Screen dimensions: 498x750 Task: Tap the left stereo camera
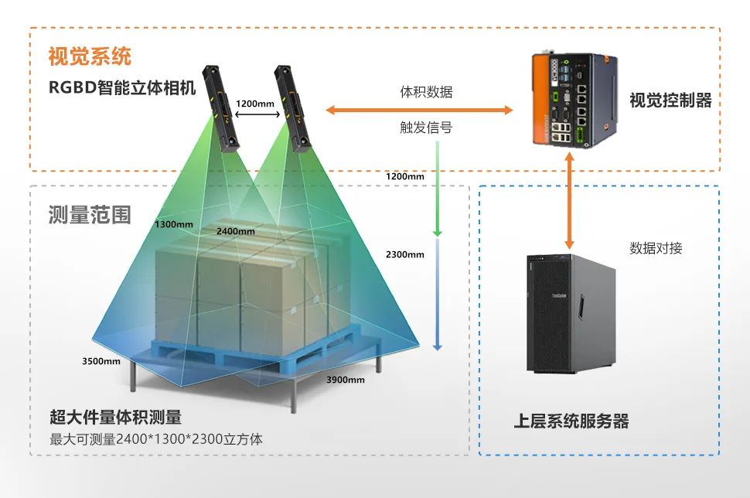coord(222,107)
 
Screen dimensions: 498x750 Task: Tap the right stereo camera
coord(293,105)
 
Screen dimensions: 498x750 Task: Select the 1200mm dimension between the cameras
coord(255,103)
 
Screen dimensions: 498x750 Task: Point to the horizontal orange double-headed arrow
coord(419,111)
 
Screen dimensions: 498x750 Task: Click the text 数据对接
coord(656,248)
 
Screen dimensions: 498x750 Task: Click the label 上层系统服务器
coord(571,421)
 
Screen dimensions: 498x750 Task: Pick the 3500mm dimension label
coord(101,360)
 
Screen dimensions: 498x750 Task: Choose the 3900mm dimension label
coord(346,380)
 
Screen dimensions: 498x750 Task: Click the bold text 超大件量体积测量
coord(115,418)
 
